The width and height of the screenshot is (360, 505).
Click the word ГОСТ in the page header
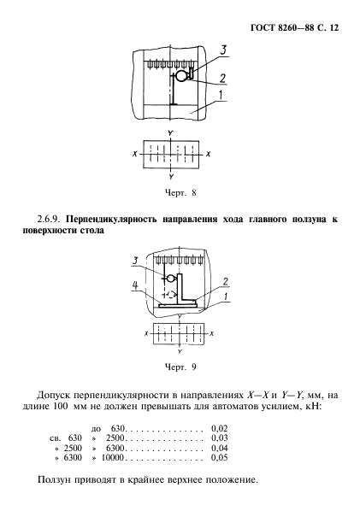[x=266, y=27]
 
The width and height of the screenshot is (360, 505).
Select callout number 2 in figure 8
[x=221, y=79]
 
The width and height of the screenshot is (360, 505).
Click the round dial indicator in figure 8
[x=180, y=76]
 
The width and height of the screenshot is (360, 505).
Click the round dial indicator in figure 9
[x=169, y=279]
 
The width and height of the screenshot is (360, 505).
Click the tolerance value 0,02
[x=220, y=427]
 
